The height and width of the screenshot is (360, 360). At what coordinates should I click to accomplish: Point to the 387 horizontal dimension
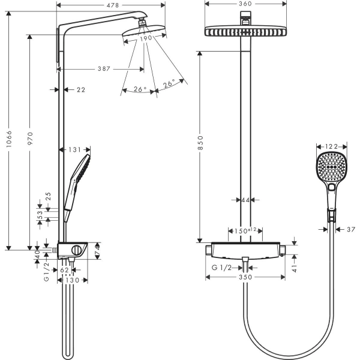point(103,69)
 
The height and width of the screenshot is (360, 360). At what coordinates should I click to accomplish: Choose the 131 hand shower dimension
point(75,150)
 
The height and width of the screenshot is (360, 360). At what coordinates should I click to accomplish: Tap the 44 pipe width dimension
point(245,200)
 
